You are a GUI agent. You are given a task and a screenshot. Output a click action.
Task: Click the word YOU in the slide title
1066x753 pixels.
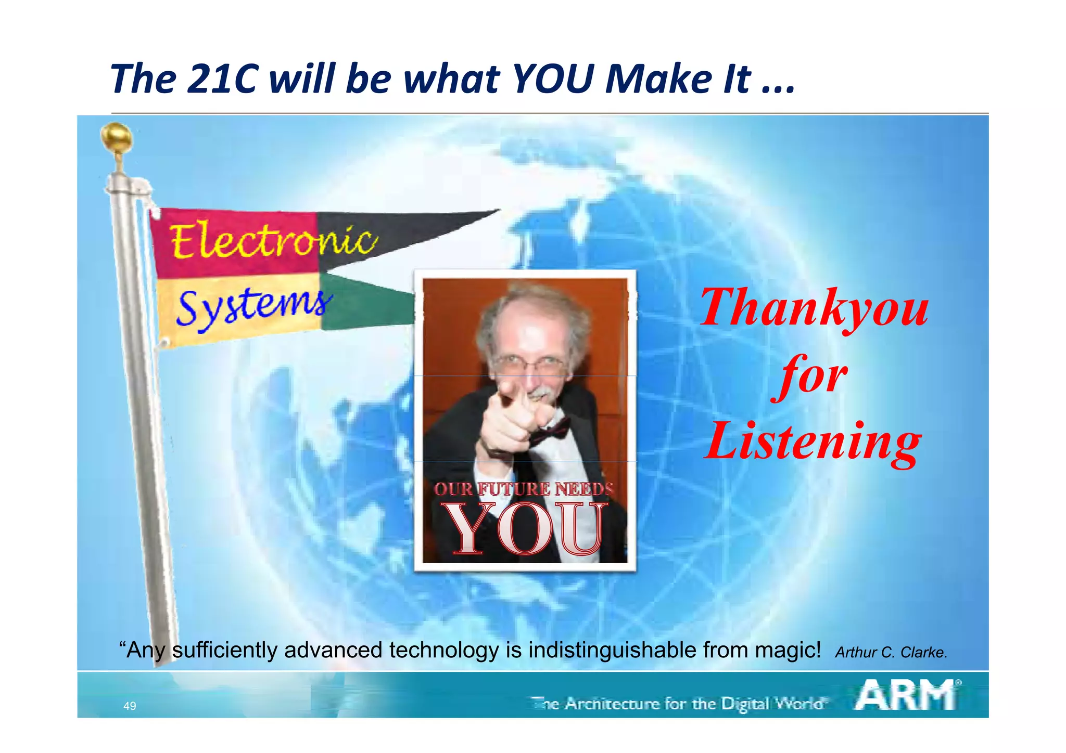553,80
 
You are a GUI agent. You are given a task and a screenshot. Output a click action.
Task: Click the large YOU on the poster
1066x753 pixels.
526,529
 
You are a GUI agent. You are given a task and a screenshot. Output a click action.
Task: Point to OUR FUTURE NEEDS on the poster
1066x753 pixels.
524,489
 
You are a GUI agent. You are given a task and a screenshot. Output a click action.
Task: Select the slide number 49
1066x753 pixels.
130,706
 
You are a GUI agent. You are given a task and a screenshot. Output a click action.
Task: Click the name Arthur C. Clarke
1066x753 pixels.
891,652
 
